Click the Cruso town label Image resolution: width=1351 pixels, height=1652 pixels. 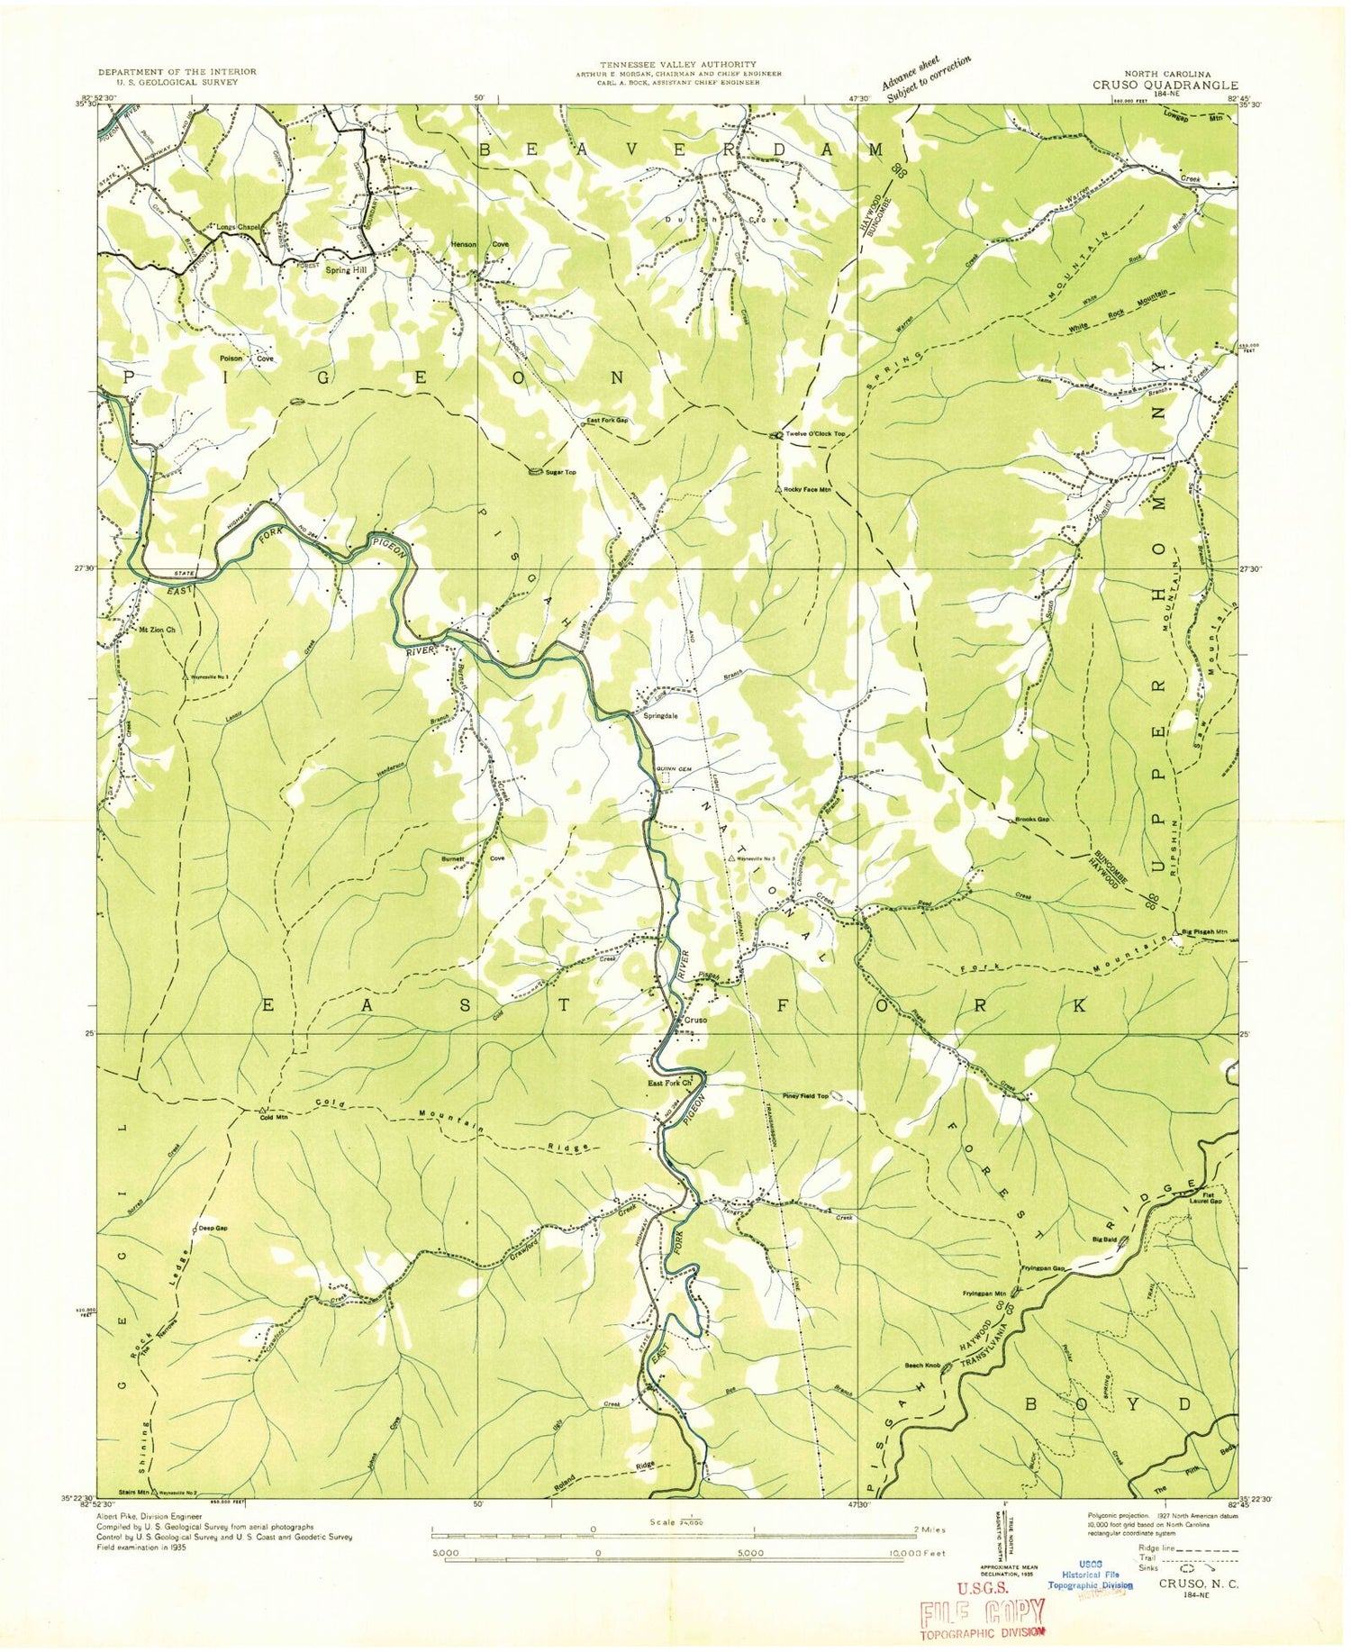point(696,1021)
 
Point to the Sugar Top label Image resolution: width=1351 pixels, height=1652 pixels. point(559,472)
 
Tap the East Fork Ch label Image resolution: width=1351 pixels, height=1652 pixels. point(669,1083)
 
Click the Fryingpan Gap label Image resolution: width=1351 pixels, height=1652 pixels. point(1043,1268)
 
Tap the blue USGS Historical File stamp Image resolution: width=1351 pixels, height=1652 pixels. point(1091,1584)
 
